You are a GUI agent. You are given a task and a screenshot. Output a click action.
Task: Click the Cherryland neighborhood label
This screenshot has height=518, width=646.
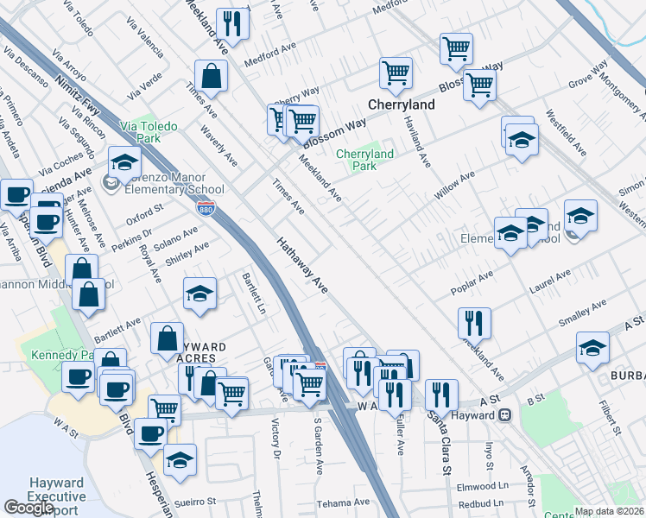[401, 104]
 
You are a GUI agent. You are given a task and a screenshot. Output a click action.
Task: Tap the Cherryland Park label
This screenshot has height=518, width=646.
[364, 160]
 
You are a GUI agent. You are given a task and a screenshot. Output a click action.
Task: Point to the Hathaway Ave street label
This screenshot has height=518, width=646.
[303, 266]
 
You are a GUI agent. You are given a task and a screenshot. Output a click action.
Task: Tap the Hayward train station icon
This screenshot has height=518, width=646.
[505, 415]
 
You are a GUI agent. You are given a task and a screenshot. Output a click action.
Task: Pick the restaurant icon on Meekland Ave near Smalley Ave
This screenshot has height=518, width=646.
[474, 322]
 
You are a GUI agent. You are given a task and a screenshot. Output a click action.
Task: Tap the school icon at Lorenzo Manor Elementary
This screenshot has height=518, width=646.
[124, 161]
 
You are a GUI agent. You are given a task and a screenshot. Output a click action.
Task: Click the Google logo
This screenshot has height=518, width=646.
[28, 508]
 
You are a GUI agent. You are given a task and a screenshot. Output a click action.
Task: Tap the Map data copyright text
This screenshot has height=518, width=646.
[610, 511]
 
